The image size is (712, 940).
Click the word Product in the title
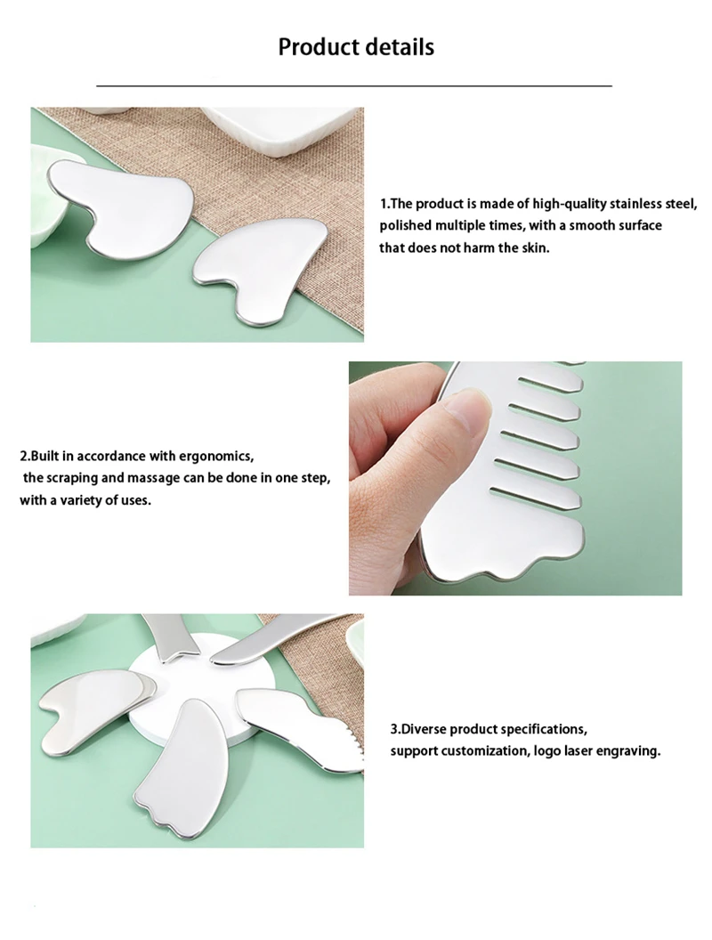coord(316,46)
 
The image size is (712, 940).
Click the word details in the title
coord(397,46)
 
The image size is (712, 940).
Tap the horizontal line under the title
coord(354,85)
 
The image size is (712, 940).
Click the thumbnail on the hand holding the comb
coord(465,412)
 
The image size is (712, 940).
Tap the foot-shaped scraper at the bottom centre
coord(187,766)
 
